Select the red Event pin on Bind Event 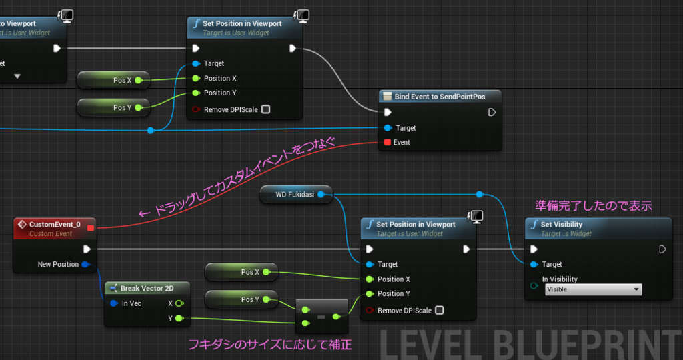tap(387, 142)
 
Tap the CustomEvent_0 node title tap(55, 225)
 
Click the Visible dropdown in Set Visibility tap(592, 289)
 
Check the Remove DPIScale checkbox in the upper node tap(265, 109)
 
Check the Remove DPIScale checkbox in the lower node tap(439, 310)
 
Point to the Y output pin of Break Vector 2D tap(179, 318)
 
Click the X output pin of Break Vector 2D tap(179, 303)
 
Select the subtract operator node tap(321, 316)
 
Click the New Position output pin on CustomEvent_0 tap(85, 265)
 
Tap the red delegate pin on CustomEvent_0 tap(90, 228)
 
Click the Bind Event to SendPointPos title tap(440, 97)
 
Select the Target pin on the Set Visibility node tap(533, 264)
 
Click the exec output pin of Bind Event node tap(492, 112)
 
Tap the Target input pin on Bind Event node tap(387, 128)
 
